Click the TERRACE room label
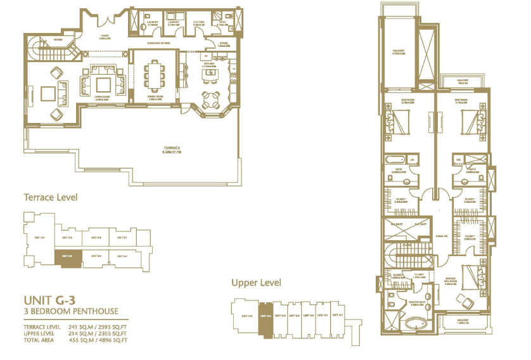pos(171,150)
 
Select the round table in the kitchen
pos(209,100)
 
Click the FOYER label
pos(105,37)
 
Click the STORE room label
pos(224,44)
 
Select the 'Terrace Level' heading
pos(50,197)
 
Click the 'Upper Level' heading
pos(256,283)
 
